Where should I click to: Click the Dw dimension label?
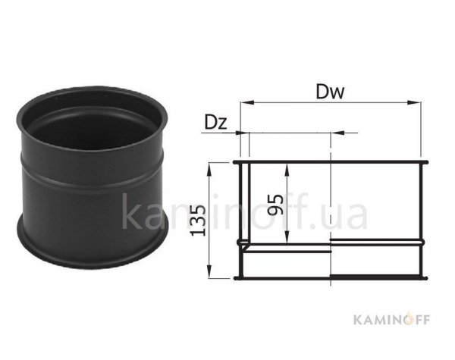click(x=330, y=92)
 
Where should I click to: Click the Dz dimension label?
click(x=215, y=122)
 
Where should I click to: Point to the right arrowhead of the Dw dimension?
click(x=413, y=102)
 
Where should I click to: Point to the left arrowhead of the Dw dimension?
click(x=247, y=102)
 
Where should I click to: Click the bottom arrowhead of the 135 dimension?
click(x=209, y=271)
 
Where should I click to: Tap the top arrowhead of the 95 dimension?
click(x=287, y=170)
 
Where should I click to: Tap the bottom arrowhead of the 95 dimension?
click(x=287, y=237)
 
